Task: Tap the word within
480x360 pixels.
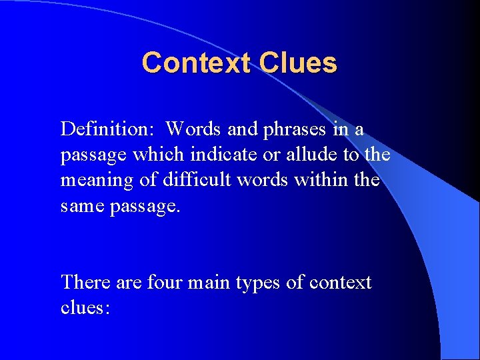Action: (325, 181)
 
